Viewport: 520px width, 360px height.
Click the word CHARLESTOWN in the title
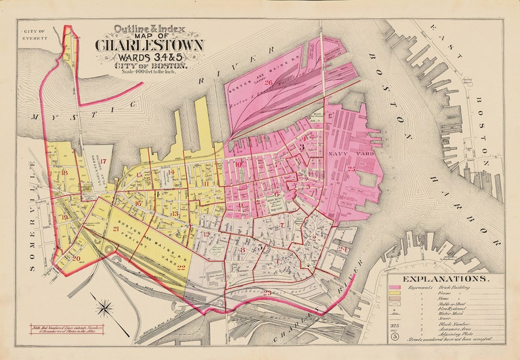[x=149, y=45]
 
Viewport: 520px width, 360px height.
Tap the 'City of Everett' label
[x=33, y=35]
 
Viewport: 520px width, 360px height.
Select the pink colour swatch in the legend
[x=394, y=287]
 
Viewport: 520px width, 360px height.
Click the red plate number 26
[x=269, y=82]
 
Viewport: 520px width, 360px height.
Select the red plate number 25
[x=352, y=169]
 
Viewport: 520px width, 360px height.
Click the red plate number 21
[x=115, y=228]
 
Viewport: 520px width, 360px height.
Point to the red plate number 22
[x=181, y=268]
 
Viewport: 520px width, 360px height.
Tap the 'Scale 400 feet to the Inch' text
[x=149, y=71]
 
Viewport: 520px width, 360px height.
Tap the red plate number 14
[x=171, y=173]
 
